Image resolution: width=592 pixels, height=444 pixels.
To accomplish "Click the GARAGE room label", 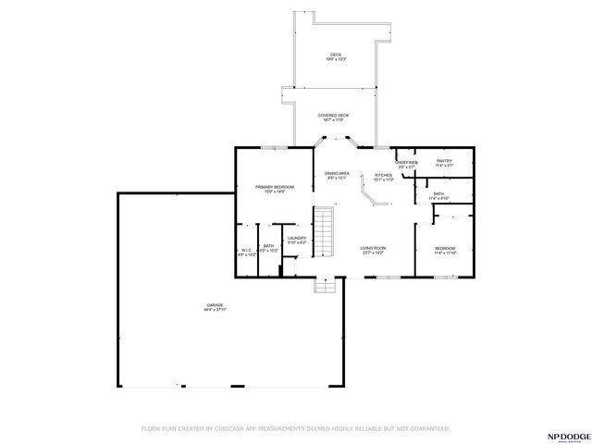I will (216, 305).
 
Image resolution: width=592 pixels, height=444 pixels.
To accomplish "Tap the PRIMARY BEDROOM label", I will (275, 188).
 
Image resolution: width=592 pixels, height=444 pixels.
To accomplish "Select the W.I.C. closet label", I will (246, 250).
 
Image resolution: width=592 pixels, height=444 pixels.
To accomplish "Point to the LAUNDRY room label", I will (297, 239).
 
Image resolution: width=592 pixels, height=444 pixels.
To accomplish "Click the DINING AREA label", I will (337, 173).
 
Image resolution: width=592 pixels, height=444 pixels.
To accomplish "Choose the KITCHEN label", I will (384, 175).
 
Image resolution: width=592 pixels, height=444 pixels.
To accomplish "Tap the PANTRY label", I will (444, 161).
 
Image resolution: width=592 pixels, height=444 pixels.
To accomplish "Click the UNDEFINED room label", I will (407, 162).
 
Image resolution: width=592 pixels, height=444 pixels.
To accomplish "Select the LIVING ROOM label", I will (373, 248).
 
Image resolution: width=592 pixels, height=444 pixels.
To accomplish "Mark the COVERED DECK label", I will (331, 116).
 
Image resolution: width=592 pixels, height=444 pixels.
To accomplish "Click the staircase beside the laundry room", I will (322, 235).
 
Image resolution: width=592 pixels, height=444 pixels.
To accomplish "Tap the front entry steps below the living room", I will (325, 286).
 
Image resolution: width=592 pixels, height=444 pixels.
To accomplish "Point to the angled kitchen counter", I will (370, 196).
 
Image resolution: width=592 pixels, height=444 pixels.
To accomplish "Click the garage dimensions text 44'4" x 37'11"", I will (216, 311).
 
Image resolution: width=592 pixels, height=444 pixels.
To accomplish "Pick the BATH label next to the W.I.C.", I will (268, 246).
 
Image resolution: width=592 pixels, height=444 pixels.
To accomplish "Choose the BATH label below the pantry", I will (438, 193).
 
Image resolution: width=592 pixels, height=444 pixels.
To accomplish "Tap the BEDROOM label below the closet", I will (445, 248).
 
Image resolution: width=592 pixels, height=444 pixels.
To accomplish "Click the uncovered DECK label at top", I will (336, 55).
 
